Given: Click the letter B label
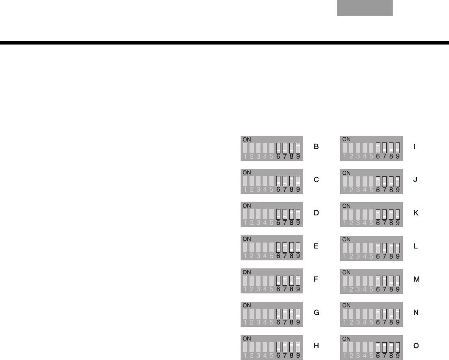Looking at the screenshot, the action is [316, 147].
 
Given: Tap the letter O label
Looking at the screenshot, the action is [416, 346].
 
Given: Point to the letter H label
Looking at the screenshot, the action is [316, 346].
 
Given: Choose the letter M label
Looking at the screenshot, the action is [416, 279].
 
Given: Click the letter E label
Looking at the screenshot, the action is [316, 246].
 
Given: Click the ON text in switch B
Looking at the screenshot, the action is [247, 139].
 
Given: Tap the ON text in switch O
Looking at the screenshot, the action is [346, 338].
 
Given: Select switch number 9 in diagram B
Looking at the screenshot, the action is [298, 148].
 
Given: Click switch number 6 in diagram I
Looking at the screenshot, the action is [378, 148].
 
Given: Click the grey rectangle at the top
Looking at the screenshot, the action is [365, 8].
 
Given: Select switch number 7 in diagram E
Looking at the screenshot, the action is [285, 247].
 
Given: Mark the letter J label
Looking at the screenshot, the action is [416, 180].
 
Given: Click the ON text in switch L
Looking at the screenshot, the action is [346, 239].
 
